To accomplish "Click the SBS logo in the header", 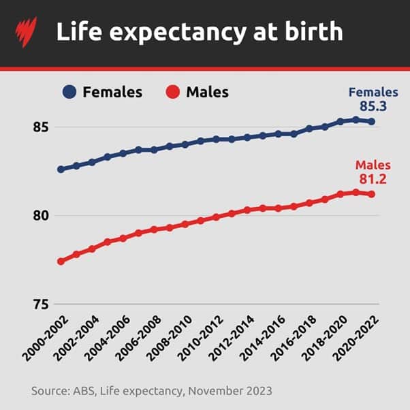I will tap(26, 32).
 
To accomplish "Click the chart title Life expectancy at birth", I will tap(200, 32).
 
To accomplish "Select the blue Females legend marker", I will tap(69, 92).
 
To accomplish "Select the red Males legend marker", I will tap(173, 92).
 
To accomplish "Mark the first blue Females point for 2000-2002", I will tap(61, 169).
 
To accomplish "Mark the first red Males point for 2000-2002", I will tap(61, 262).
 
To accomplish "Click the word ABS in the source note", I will tap(80, 391).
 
